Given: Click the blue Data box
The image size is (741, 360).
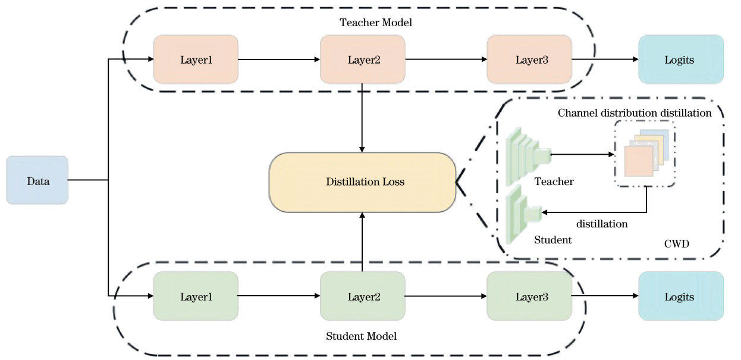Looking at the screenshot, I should coord(37,180).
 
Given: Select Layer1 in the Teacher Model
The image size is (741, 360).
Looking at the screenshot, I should coord(196,60).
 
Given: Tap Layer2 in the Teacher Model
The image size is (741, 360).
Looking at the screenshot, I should coord(363,60).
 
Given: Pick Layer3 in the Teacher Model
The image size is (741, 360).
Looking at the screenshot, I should coord(529,60).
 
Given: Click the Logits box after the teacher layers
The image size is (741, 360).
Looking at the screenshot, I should coord(681,60).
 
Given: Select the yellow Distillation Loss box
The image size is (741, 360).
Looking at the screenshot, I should coord(362,182).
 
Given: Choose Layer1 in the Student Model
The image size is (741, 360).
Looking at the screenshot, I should coord(196,296).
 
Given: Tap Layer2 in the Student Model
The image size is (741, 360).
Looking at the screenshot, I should coord(363,296).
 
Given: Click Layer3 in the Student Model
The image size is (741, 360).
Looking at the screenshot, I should coord(529,296).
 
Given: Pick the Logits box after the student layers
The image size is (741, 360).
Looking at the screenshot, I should coord(681,296).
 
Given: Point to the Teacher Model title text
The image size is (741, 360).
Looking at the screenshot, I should coord(375,23).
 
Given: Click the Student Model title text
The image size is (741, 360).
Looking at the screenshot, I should coord(361,336).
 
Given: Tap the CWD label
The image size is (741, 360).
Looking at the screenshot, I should coord(677,244).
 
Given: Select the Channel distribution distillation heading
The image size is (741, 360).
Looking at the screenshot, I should coord(635,113).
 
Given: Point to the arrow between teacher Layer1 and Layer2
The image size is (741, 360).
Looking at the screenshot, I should coord(279,60).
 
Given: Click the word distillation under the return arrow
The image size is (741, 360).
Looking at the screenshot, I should coord(602,224).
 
